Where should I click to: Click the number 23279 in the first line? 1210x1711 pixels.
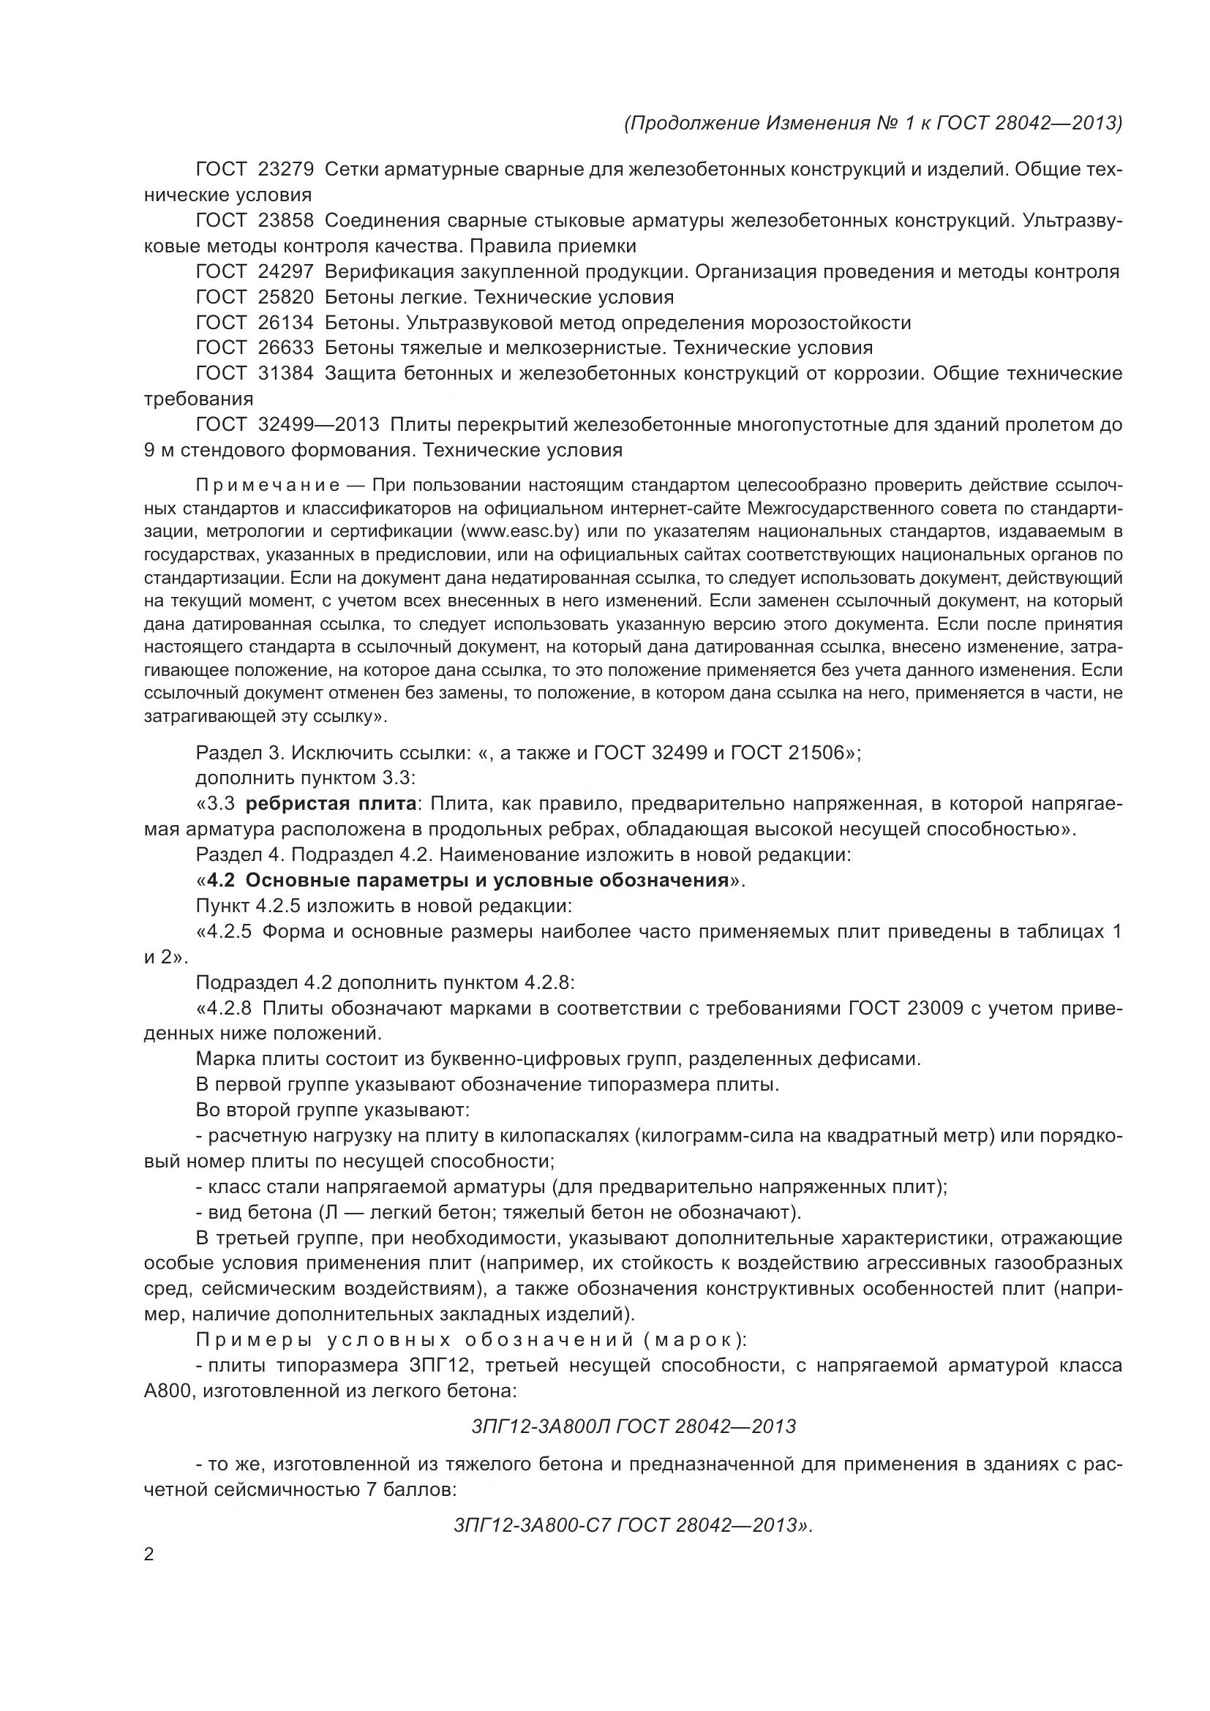(x=286, y=170)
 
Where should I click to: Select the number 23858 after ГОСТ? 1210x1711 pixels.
(x=286, y=221)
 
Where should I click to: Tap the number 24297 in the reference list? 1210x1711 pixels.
(x=286, y=272)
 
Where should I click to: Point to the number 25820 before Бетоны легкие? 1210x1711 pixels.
(x=286, y=297)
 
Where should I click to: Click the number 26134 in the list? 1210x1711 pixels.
(x=286, y=323)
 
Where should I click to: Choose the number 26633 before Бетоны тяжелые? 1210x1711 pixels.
(x=286, y=348)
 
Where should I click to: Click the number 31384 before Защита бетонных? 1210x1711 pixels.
(x=286, y=373)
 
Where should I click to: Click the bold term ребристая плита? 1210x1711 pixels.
(x=331, y=804)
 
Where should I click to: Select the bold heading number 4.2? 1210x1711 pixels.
(x=221, y=881)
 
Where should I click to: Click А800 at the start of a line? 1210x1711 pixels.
(x=168, y=1391)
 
